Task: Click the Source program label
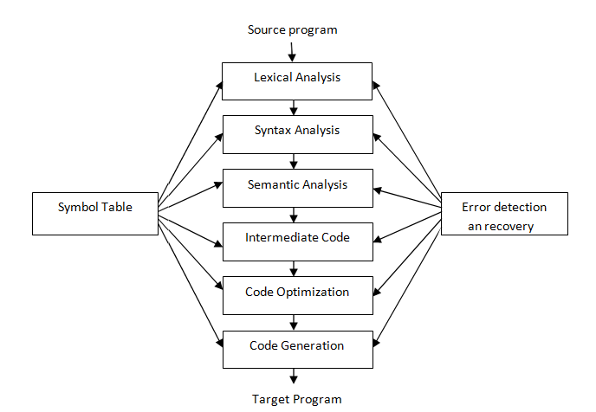click(292, 30)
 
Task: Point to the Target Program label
click(297, 399)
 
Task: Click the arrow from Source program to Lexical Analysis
click(292, 51)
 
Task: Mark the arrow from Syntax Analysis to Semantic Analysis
click(295, 162)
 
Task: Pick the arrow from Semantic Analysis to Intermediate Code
click(295, 216)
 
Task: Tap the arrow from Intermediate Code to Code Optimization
click(295, 269)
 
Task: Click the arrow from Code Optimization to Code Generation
click(295, 323)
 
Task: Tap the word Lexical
click(273, 77)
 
